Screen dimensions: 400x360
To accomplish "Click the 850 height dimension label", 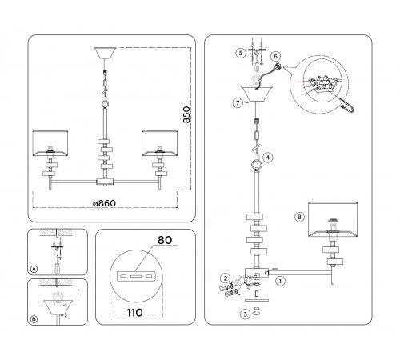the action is point(187,114).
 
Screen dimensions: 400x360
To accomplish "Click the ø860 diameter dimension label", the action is point(105,203).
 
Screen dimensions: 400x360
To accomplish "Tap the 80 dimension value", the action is point(165,240).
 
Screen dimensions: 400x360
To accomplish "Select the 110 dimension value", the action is point(134,312).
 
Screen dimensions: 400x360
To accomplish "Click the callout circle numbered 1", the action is point(280,281).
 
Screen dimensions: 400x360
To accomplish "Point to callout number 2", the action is point(226,278).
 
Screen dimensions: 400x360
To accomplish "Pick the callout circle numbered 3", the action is point(246,314).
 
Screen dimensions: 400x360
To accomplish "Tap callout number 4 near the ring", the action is point(268,158).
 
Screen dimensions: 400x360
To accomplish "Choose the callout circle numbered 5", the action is point(241,53).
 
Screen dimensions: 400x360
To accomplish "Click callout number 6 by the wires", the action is point(275,56).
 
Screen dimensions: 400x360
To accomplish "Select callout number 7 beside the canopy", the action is point(238,102).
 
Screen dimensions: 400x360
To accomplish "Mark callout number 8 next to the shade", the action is point(299,217).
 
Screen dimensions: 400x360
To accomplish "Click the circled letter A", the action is point(34,270).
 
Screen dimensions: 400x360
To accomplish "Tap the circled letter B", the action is point(34,319).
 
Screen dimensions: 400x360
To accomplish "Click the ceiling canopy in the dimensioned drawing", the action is point(105,53).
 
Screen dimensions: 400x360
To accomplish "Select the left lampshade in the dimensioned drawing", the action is point(50,143).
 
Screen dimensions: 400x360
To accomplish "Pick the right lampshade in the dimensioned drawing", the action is point(160,143).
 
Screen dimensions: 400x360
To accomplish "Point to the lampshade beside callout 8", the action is point(333,220).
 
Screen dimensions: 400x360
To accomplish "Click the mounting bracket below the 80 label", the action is point(136,276).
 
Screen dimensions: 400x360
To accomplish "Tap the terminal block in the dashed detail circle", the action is point(322,84).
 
